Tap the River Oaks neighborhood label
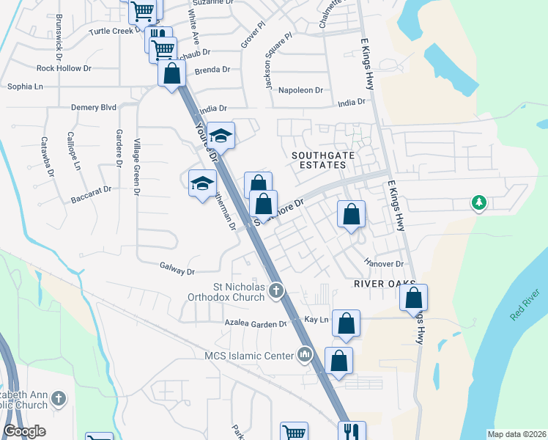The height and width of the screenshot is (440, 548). click(385, 283)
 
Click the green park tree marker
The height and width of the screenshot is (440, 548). click(478, 202)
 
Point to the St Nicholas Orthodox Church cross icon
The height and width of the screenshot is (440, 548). click(276, 291)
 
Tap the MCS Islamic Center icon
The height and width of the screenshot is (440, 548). click(305, 356)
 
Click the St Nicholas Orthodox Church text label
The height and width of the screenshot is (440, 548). click(227, 291)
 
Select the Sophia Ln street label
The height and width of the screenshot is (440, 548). click(25, 87)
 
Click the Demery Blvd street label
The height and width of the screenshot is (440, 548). click(94, 107)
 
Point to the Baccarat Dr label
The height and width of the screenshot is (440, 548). click(90, 189)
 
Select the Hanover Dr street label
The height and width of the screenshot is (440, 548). click(384, 264)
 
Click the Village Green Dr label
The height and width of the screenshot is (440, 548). click(136, 167)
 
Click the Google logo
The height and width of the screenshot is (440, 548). click(25, 431)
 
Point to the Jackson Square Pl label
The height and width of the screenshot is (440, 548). click(279, 62)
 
